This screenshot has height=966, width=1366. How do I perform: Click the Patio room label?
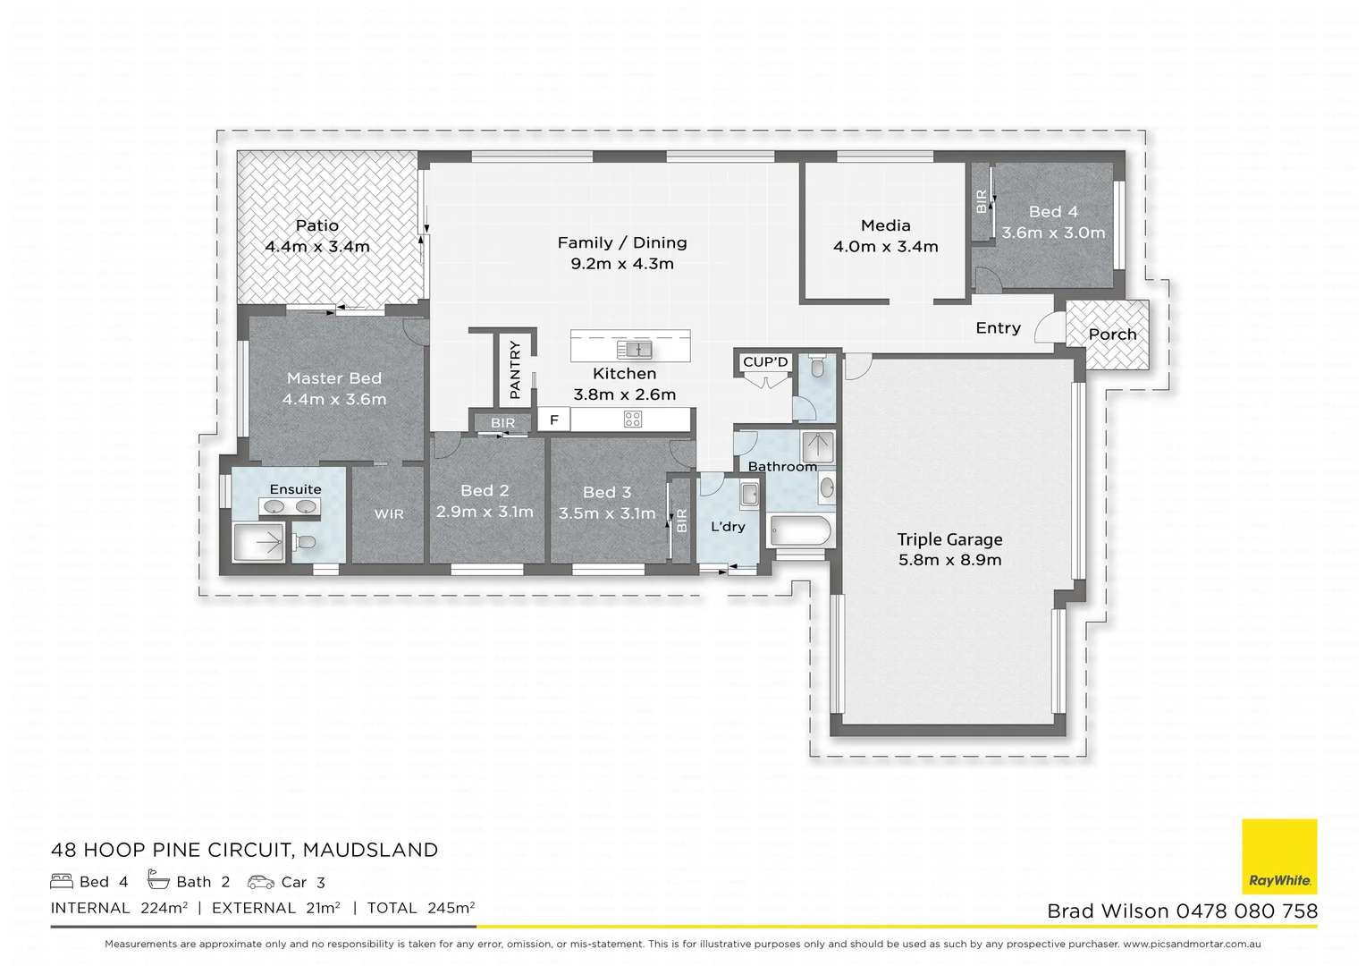tap(317, 225)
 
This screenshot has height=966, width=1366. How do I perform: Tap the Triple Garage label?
tap(949, 539)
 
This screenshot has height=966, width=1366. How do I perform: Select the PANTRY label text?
tap(515, 369)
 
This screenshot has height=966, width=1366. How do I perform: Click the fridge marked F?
tap(554, 419)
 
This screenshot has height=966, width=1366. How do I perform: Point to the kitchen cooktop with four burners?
tap(633, 419)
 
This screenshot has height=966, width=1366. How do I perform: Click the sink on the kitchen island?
tap(638, 348)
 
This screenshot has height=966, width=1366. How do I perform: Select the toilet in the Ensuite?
tap(304, 541)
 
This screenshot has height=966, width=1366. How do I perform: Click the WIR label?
tap(389, 513)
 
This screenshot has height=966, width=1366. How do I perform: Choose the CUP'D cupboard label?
tap(766, 362)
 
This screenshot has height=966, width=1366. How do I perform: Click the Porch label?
tap(1112, 335)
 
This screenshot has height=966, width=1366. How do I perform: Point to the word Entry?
tap(998, 328)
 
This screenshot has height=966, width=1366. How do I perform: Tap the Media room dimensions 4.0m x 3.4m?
tap(885, 247)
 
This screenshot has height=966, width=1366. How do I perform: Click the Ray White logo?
tap(1279, 856)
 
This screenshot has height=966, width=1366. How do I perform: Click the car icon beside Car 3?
tap(261, 882)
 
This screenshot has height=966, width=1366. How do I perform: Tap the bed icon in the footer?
tap(62, 882)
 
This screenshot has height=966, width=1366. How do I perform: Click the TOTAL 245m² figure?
tap(420, 908)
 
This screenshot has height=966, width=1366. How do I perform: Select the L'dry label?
tap(728, 527)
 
